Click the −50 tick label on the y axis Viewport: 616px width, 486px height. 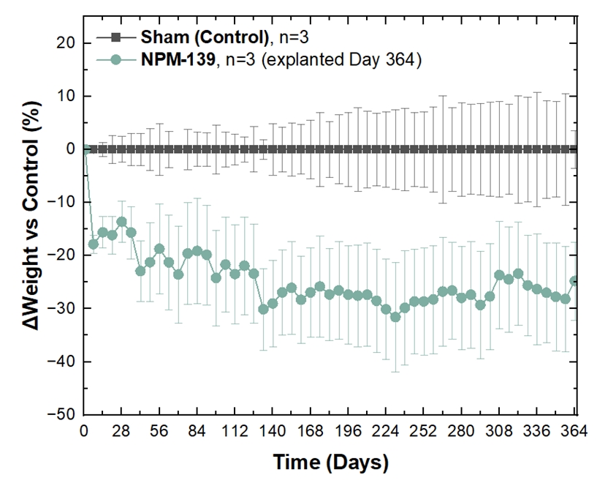click(59, 414)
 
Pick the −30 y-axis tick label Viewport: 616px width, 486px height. click(59, 308)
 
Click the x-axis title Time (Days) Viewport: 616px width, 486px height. click(330, 463)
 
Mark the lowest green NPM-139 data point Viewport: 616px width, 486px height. click(395, 317)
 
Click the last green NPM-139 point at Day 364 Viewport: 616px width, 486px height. click(574, 281)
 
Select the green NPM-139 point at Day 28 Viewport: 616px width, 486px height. click(121, 222)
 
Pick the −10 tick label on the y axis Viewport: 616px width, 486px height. click(59, 202)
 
